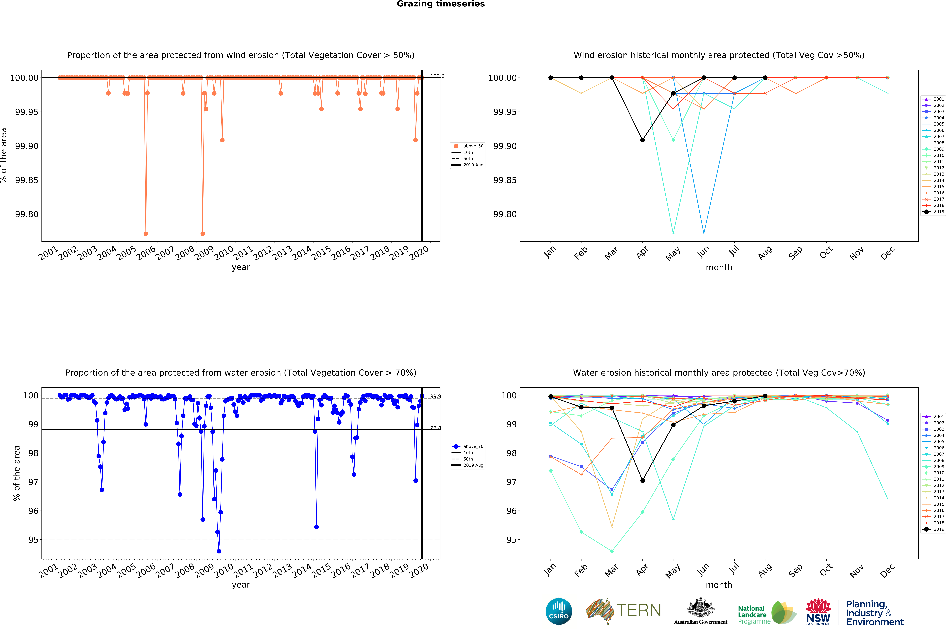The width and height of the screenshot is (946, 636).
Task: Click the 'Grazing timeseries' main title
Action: (x=440, y=4)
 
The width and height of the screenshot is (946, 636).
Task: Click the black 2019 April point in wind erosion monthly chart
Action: (x=642, y=140)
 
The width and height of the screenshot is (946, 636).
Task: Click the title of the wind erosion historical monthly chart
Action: (x=719, y=55)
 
